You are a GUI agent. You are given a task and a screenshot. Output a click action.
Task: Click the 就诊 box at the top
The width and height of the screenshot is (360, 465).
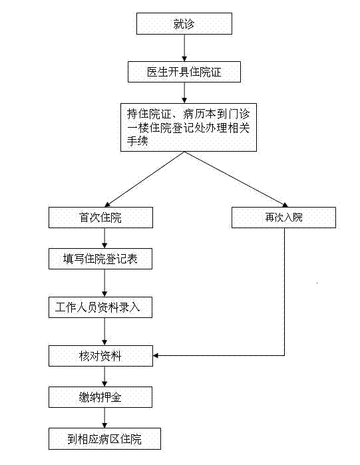click(184, 23)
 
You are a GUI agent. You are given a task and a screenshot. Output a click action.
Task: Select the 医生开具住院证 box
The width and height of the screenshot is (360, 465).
click(184, 72)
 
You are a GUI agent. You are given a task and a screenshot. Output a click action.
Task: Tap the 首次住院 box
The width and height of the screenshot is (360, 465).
click(101, 218)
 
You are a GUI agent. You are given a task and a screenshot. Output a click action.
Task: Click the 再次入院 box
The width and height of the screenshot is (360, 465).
click(283, 218)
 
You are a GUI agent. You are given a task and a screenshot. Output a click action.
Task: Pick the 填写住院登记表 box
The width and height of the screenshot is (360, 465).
click(100, 259)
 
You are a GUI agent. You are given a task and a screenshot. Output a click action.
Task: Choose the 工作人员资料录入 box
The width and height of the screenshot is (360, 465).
click(100, 307)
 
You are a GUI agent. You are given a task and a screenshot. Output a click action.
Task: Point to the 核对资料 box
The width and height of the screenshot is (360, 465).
click(101, 356)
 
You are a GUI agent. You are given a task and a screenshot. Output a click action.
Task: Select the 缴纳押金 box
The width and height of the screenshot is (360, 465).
click(100, 397)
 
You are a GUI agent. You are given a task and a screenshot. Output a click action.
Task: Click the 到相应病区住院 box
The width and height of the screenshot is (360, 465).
click(104, 438)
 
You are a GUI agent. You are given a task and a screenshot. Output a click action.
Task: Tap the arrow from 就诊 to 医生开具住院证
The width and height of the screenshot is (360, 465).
click(184, 48)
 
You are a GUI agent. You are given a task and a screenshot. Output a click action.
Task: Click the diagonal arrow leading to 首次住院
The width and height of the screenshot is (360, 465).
click(144, 179)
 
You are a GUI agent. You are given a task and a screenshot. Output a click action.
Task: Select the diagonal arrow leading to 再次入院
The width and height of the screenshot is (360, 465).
click(236, 179)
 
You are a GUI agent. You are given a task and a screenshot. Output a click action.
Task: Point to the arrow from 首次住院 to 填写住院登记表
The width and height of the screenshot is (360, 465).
click(104, 238)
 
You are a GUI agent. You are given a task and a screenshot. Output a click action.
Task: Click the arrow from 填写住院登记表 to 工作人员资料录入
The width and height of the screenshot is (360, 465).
click(104, 283)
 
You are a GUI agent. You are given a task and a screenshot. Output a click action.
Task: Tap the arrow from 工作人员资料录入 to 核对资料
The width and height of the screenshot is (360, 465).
click(104, 331)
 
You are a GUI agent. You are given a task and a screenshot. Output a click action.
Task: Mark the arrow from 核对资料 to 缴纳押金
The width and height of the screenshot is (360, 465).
click(104, 377)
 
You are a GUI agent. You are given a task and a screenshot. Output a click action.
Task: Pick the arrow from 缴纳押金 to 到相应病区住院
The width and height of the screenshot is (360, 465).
click(104, 418)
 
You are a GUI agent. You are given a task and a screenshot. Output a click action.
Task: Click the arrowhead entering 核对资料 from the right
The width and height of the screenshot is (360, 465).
click(156, 356)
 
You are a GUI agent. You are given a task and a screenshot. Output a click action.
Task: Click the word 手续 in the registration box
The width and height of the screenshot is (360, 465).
click(137, 140)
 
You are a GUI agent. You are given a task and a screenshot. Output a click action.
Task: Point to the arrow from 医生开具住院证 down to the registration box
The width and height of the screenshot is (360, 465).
click(184, 93)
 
